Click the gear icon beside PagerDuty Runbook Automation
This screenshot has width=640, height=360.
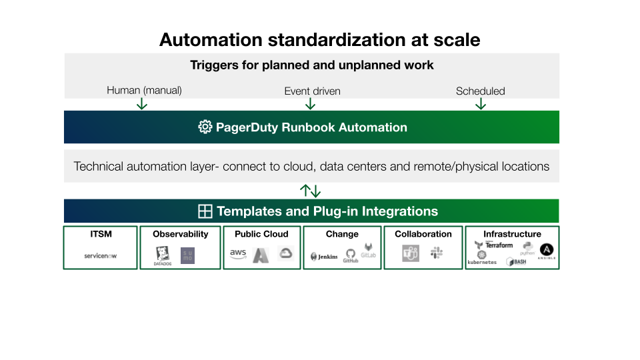[205, 127]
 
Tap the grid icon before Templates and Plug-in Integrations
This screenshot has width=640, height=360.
[205, 211]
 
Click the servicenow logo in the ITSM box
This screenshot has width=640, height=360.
[101, 255]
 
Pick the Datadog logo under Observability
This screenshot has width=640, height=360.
[163, 255]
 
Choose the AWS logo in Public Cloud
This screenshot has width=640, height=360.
[238, 253]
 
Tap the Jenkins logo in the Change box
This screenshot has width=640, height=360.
[325, 257]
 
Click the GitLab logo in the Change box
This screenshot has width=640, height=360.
[368, 251]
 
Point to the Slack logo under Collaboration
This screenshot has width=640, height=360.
[437, 253]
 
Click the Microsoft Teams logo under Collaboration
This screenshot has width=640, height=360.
[411, 253]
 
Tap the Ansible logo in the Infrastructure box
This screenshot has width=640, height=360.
[547, 251]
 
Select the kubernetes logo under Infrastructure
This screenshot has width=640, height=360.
[482, 259]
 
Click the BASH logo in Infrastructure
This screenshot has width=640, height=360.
[517, 262]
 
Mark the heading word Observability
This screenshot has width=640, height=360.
[180, 234]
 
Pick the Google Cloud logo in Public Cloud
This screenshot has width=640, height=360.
[286, 253]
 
